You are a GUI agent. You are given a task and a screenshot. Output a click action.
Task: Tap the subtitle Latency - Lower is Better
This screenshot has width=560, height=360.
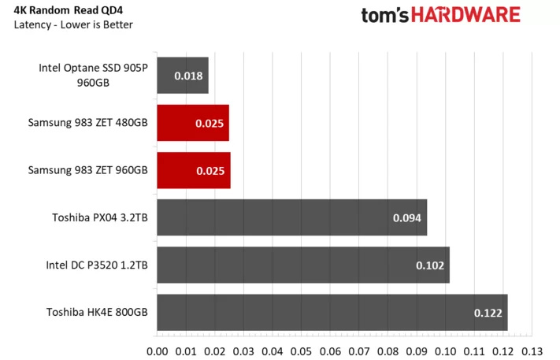click(x=73, y=24)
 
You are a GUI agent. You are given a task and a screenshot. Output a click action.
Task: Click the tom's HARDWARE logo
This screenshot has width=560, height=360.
click(x=440, y=15)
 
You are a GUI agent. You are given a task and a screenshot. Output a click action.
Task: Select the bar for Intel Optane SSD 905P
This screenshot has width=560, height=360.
click(x=183, y=76)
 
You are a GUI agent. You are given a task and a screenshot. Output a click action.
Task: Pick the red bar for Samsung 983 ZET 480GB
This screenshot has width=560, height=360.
click(x=193, y=123)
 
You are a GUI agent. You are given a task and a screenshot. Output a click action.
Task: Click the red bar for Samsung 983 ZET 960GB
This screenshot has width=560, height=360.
click(x=194, y=170)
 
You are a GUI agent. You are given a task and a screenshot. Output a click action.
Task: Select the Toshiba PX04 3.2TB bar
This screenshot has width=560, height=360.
click(x=291, y=217)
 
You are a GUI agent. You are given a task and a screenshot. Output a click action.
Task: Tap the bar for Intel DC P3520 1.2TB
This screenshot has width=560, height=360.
click(x=303, y=265)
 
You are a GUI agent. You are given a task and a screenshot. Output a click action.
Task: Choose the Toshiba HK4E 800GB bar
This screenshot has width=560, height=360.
click(x=332, y=312)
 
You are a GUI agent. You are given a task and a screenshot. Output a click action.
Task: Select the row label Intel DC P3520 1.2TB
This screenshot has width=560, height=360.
click(x=96, y=265)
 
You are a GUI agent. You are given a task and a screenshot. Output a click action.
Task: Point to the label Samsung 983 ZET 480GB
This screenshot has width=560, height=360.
click(x=87, y=123)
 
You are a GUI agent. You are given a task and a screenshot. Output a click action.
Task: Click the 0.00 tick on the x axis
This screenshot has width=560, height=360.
click(x=158, y=351)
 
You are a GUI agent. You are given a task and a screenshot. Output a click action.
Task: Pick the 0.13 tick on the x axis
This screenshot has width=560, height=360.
click(x=532, y=351)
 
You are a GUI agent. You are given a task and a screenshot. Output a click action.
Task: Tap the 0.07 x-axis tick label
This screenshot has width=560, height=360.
click(x=359, y=351)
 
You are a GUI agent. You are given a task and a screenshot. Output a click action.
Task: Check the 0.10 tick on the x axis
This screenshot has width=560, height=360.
click(x=446, y=351)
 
